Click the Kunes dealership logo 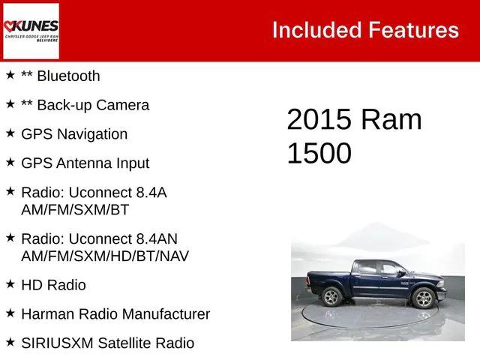(31, 31)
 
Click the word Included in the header (315, 30)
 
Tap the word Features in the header (412, 30)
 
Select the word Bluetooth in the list (67, 76)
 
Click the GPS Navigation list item (74, 134)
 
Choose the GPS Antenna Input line (85, 163)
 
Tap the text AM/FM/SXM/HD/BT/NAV (105, 256)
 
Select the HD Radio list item (53, 285)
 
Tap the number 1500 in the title (319, 153)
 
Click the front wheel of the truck (424, 298)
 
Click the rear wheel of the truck (331, 296)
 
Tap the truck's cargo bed (330, 276)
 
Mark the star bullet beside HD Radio (10, 283)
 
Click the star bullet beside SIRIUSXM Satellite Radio (10, 342)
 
